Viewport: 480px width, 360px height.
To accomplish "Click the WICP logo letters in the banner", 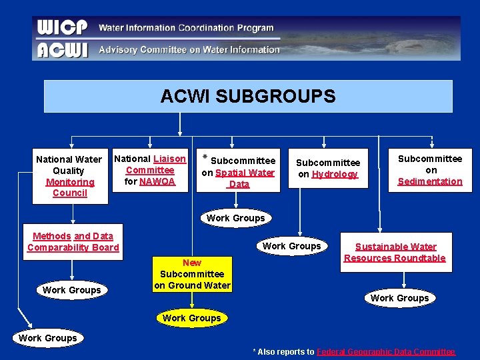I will click(x=62, y=28).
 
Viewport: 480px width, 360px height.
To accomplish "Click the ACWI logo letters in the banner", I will click(x=62, y=49).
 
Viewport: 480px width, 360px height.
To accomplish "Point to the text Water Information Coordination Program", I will click(x=186, y=28).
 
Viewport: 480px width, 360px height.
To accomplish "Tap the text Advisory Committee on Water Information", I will click(x=189, y=49).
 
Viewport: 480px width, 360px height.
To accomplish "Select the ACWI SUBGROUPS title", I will click(x=248, y=97).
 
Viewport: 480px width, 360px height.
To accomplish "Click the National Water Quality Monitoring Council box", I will click(x=69, y=176).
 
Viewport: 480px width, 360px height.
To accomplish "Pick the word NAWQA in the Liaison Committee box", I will click(x=157, y=181).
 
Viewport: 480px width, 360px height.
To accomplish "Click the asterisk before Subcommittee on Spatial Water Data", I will click(x=205, y=160).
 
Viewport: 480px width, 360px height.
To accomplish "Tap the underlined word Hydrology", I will click(x=335, y=174).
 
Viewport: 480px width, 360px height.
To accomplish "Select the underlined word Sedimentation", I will click(x=430, y=181).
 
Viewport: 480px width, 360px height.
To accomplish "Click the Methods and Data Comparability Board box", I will click(x=73, y=241).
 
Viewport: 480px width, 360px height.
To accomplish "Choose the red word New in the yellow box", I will click(x=192, y=263).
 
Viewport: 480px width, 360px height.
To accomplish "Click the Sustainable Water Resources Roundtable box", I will click(x=395, y=252).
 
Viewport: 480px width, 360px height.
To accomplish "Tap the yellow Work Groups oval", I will click(x=192, y=318).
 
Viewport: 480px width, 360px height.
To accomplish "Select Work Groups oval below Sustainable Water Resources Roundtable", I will click(x=399, y=298).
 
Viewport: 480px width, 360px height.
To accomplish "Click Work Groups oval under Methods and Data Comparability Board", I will click(x=71, y=290).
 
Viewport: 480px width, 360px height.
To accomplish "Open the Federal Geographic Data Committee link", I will click(x=385, y=351).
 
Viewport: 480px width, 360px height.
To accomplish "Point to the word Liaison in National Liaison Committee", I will click(x=169, y=159).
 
